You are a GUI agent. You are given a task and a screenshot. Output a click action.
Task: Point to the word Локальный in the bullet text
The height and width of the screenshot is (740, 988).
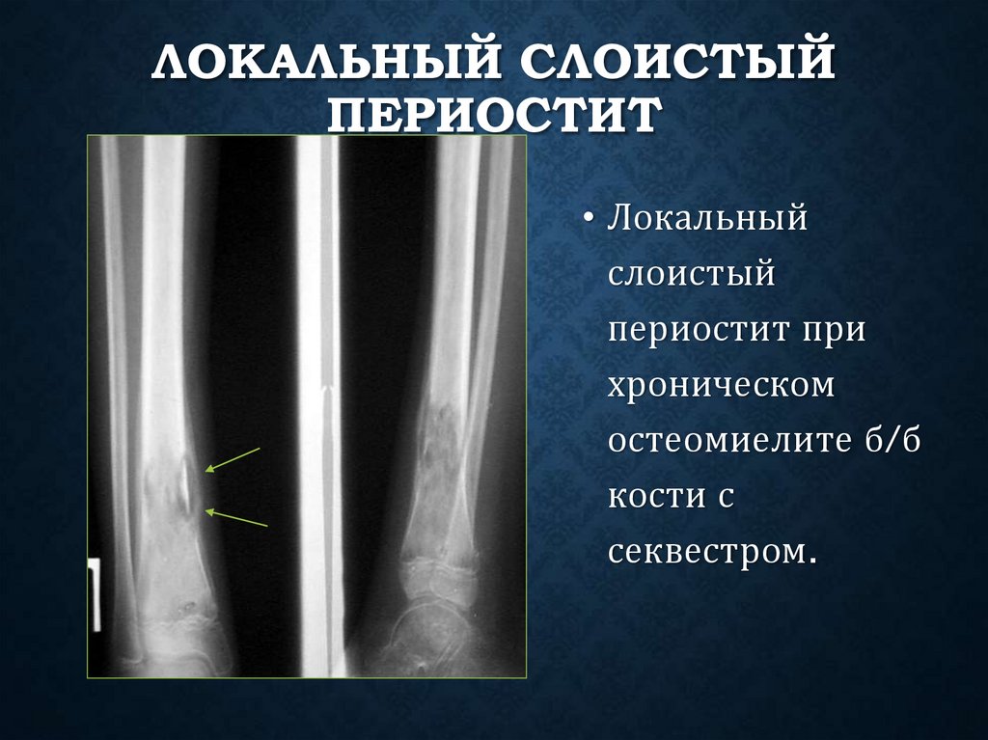tap(706, 219)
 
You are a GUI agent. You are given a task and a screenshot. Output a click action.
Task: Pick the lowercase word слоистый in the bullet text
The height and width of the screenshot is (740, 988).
tap(691, 275)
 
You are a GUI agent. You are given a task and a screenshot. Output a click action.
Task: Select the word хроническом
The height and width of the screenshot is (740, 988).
tap(720, 386)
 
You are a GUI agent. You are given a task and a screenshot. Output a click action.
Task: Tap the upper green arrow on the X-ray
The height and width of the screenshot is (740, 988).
tap(233, 459)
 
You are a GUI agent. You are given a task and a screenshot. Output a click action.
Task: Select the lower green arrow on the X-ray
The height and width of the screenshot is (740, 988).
tap(235, 518)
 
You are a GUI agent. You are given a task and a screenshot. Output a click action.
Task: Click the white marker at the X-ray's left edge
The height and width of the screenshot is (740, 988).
tap(96, 593)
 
